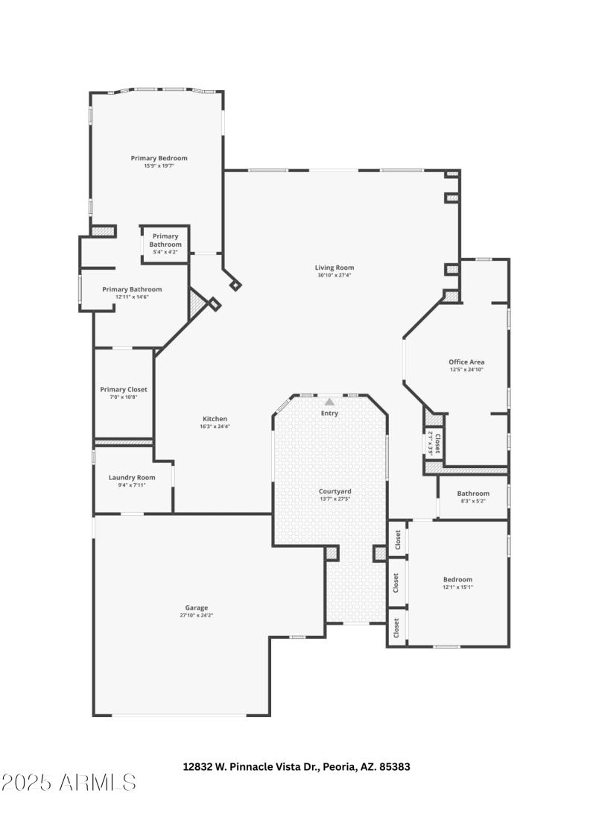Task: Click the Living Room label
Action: point(334,267)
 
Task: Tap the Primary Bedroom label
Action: point(159,158)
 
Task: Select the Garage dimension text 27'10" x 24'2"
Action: point(197,616)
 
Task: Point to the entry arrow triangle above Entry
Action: point(329,402)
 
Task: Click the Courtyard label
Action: point(335,491)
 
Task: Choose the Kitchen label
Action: point(215,419)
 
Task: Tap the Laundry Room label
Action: point(132,477)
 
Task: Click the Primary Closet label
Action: point(124,389)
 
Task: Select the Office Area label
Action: point(466,362)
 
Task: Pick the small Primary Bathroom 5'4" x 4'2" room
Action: point(165,244)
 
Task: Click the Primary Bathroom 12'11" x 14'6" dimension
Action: point(132,297)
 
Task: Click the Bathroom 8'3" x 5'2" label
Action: point(473,493)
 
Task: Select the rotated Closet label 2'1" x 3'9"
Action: point(434,444)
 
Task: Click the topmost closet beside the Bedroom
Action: point(397,539)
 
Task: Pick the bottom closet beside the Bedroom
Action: point(397,628)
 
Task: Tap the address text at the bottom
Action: point(297,766)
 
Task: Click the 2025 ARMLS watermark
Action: point(69,782)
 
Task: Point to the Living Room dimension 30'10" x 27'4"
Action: point(334,275)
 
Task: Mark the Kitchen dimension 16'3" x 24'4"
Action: point(215,427)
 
